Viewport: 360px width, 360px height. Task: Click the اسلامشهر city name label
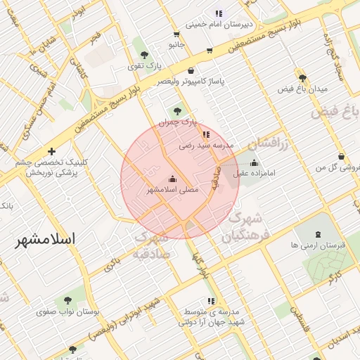[46, 239]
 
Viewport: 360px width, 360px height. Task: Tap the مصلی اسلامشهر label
[172, 190]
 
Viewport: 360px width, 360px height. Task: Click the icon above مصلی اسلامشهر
[173, 179]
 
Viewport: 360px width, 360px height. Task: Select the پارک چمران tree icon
[176, 110]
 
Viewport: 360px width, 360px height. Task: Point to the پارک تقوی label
[144, 67]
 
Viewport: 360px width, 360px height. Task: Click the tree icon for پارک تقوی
[144, 55]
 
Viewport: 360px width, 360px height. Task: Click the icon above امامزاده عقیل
[254, 162]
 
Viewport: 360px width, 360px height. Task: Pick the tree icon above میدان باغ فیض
[302, 78]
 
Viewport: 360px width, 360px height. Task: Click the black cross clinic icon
[51, 151]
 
